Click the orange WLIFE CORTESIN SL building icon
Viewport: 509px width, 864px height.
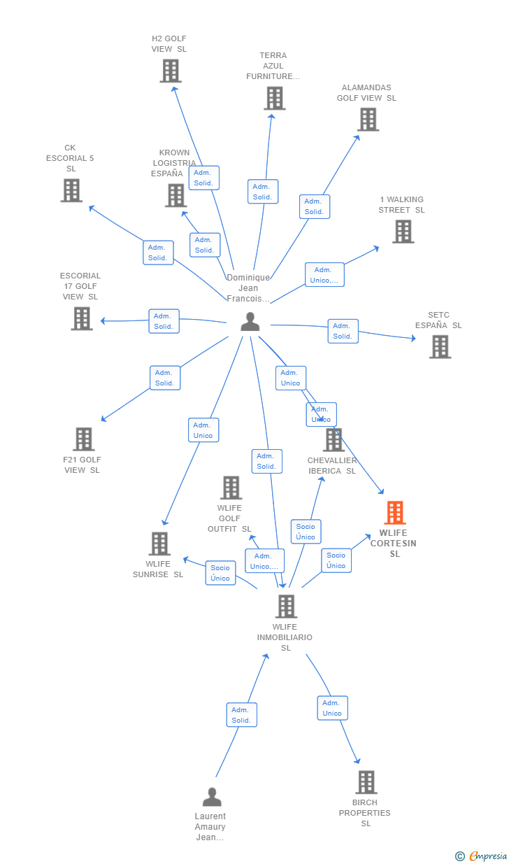pos(395,513)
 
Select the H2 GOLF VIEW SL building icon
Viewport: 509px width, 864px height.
pos(171,71)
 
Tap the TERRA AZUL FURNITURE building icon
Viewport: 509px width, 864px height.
pos(275,98)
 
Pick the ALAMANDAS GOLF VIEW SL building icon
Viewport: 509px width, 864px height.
pos(368,119)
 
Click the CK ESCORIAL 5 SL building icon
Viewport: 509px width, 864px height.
pos(71,190)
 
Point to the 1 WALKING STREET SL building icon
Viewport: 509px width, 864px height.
pos(403,232)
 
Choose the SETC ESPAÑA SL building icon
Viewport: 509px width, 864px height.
pos(440,346)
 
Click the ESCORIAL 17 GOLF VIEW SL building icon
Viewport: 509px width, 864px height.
pos(82,318)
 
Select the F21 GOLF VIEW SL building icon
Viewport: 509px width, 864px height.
pos(83,439)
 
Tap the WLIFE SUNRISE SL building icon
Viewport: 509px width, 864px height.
pos(159,544)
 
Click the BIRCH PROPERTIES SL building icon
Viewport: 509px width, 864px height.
pos(366,782)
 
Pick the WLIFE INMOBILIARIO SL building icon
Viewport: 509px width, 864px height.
pos(286,607)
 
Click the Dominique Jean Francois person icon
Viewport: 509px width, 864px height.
pos(250,322)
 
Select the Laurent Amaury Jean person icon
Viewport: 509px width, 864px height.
pos(212,797)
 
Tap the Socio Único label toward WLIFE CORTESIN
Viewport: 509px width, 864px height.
pos(336,560)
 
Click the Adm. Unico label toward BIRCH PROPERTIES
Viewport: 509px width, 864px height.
pos(332,708)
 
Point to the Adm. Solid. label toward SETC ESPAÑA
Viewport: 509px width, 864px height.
pos(343,331)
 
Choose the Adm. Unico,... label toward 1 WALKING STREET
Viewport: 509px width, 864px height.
pos(324,275)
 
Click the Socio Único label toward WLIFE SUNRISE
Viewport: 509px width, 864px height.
pos(220,573)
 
